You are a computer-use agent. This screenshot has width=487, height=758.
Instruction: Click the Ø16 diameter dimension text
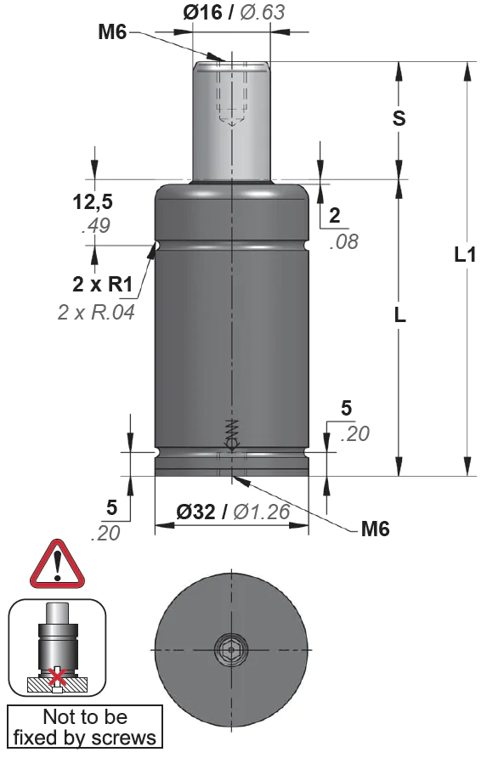[x=202, y=12]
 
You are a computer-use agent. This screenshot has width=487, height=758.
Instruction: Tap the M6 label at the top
[x=112, y=32]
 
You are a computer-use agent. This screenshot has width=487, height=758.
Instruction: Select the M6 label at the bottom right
[x=376, y=529]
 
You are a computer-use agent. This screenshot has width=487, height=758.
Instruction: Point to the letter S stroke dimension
[x=399, y=118]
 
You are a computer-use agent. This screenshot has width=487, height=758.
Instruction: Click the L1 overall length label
[x=465, y=254]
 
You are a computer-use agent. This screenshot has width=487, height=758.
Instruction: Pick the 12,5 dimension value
[x=93, y=202]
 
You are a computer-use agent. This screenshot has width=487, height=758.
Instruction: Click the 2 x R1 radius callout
[x=103, y=285]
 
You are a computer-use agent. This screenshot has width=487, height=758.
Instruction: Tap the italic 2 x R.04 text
[x=96, y=312]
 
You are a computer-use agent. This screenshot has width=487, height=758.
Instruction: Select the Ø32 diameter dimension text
[x=195, y=512]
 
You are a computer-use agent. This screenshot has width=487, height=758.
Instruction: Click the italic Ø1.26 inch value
[x=262, y=512]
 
